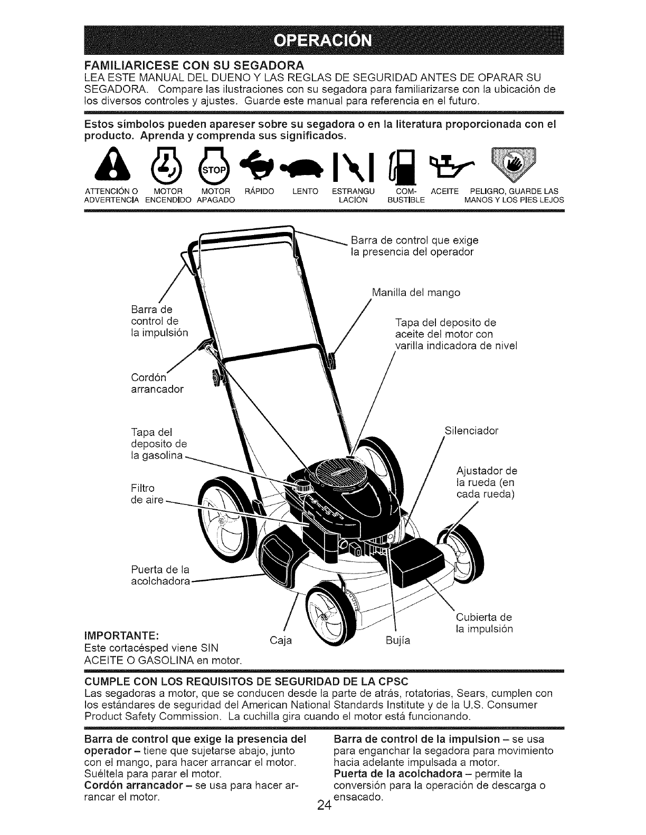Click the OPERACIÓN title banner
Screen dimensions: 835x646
[323, 40]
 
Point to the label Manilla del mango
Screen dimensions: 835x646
[416, 292]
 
